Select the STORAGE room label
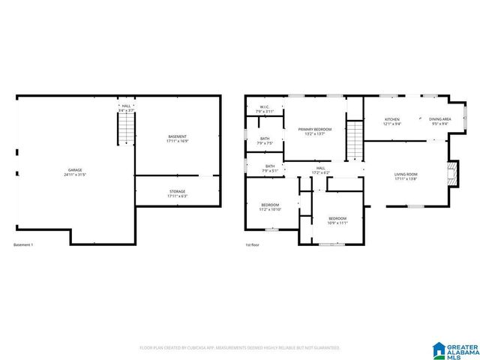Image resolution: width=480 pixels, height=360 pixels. (x=177, y=193)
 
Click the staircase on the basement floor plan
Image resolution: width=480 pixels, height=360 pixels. (x=126, y=128)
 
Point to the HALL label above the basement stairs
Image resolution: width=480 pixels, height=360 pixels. (x=126, y=106)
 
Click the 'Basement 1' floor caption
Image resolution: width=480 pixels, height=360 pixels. (x=24, y=245)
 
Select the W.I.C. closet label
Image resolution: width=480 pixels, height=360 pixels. (x=265, y=108)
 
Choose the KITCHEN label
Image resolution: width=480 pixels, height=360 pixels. (x=392, y=120)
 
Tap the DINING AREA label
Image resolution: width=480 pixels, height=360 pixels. (x=439, y=120)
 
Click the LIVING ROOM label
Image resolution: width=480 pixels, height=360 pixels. (x=406, y=175)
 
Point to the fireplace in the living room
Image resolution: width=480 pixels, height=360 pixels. (x=451, y=173)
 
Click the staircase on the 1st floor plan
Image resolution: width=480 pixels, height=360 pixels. (x=354, y=140)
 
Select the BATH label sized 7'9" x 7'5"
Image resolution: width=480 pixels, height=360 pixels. (x=265, y=139)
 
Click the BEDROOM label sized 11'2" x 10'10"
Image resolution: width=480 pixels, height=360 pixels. (x=270, y=206)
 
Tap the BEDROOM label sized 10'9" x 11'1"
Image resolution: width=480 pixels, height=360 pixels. (x=337, y=220)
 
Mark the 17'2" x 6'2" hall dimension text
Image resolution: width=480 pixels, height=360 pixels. (x=320, y=172)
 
